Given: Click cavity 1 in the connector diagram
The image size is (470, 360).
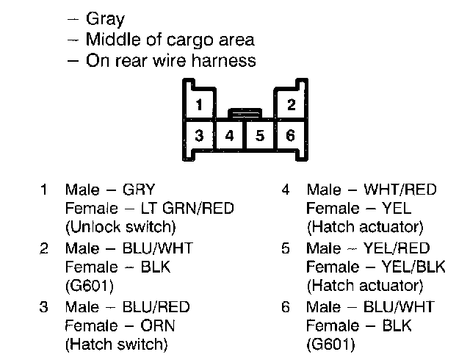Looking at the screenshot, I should pyautogui.click(x=199, y=104).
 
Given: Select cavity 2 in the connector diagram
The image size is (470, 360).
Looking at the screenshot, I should pyautogui.click(x=291, y=104).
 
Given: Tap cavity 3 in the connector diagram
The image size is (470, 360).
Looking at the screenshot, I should pyautogui.click(x=199, y=135).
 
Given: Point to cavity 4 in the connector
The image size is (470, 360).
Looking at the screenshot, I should pyautogui.click(x=230, y=135).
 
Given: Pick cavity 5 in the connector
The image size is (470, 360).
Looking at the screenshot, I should pyautogui.click(x=260, y=135).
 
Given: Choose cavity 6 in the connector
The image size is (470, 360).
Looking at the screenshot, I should pyautogui.click(x=291, y=135).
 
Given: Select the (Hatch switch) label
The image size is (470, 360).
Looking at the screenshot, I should pyautogui.click(x=116, y=343).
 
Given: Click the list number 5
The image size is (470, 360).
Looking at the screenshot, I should pyautogui.click(x=286, y=249).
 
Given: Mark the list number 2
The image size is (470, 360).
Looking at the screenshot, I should pyautogui.click(x=44, y=249).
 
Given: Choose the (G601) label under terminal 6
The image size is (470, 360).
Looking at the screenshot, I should pyautogui.click(x=330, y=343).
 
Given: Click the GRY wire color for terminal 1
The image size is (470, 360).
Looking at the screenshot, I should pyautogui.click(x=140, y=190).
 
